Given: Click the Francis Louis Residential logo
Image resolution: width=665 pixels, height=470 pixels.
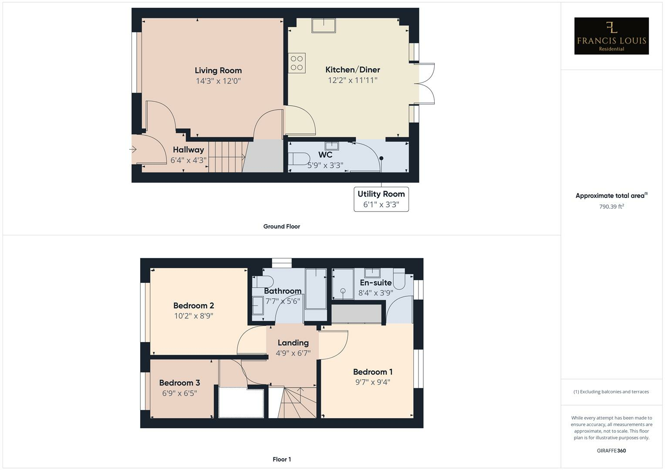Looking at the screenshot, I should click(x=611, y=36).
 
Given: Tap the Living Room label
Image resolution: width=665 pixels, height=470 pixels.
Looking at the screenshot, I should click(x=218, y=70).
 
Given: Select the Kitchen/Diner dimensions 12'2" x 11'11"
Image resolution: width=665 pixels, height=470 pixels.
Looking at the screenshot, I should click(x=352, y=80).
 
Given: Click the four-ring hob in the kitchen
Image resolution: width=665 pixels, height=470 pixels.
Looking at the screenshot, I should click(x=297, y=63).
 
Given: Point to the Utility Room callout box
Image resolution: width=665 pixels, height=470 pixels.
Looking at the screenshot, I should click(x=381, y=199).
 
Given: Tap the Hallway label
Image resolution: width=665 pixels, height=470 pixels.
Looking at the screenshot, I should click(x=188, y=150).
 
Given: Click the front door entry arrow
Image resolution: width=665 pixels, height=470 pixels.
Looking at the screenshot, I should click(x=133, y=150).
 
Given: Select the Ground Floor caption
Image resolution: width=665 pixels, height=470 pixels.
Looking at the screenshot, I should click(x=281, y=226).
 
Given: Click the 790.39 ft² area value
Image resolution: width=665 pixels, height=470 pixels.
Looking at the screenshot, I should click(x=611, y=207).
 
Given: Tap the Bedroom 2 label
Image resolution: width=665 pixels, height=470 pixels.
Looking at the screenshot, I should click(x=193, y=305).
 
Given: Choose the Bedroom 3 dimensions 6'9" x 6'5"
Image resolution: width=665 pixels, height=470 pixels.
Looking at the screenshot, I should click(x=179, y=393).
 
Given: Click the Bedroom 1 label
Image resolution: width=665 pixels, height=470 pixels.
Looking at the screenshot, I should click(x=372, y=372).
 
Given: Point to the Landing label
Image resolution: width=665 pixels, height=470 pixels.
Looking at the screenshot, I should click(x=293, y=343).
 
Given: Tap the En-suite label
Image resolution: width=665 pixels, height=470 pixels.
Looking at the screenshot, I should click(x=375, y=283).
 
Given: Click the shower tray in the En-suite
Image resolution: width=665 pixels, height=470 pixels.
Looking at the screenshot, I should click(x=343, y=284).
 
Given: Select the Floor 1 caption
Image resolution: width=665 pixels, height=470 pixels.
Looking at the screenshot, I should click(x=281, y=459).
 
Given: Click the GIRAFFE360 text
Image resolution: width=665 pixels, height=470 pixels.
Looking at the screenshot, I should click(x=611, y=450).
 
